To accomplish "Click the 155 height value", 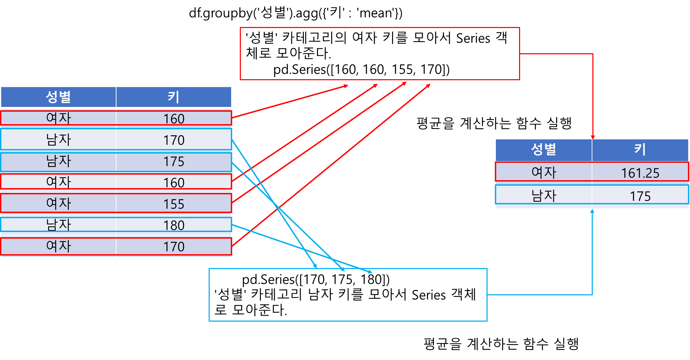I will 174,204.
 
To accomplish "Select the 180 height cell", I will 174,225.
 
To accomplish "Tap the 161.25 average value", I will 640,173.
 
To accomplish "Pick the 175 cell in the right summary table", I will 640,196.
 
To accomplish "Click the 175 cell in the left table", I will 174,161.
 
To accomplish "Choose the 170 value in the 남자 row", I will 174,140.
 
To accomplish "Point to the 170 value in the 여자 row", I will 174,247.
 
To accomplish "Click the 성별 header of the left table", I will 58,97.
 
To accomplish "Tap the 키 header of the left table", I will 174,97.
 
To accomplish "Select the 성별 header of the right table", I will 543,150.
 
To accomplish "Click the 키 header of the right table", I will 640,150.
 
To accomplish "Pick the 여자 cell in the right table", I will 544,172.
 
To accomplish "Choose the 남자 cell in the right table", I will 544,195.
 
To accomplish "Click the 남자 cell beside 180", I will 58,225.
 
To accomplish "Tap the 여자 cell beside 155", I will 58,203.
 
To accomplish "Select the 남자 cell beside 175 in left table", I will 58,161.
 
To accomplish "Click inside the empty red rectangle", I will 380,54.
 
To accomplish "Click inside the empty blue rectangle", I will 348,295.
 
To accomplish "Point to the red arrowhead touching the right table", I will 593,137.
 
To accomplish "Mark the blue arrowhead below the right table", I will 592,211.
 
